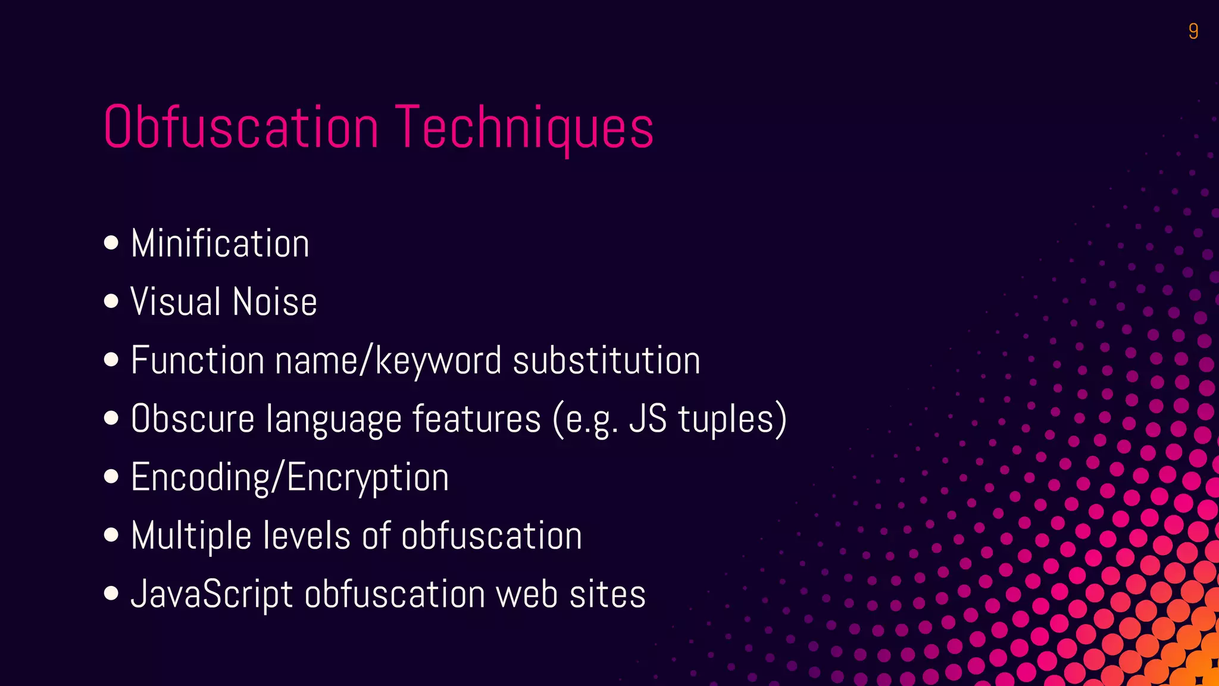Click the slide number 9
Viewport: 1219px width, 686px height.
1193,31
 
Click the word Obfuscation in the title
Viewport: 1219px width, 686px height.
241,127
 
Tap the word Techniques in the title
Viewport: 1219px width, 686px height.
524,127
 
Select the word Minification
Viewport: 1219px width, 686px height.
220,244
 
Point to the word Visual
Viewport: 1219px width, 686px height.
176,301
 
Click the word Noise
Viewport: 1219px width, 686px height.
275,301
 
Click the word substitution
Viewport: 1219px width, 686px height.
607,360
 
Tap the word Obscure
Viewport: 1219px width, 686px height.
193,418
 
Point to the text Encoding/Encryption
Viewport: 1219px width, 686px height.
289,477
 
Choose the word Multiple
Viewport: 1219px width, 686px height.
191,535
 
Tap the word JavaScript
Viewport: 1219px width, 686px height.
212,594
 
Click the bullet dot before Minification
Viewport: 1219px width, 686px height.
111,243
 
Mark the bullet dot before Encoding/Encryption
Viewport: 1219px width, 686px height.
111,476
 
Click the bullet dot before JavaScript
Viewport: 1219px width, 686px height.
111,593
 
